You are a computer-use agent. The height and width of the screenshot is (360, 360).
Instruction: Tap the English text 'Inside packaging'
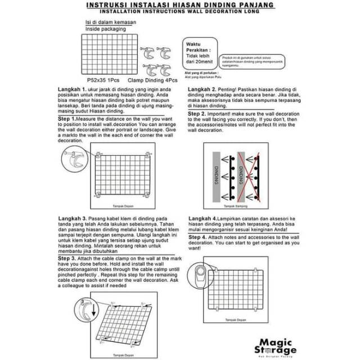(x=105, y=28)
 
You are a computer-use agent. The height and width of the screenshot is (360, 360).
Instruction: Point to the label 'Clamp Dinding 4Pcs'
(x=147, y=80)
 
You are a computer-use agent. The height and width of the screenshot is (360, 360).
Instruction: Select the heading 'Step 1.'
(x=70, y=120)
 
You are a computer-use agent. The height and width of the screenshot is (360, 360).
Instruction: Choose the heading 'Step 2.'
(x=199, y=113)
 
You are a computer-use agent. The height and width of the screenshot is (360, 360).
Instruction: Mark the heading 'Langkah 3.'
(x=72, y=218)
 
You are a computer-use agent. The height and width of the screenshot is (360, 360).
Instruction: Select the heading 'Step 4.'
(x=199, y=237)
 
